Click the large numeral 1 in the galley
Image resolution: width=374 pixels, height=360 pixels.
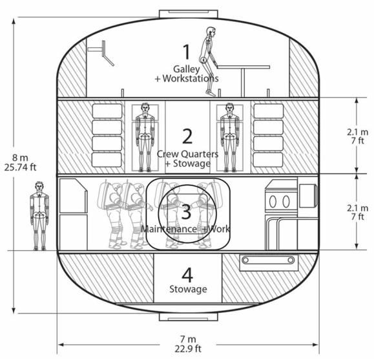186,52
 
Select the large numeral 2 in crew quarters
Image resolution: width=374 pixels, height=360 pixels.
187,136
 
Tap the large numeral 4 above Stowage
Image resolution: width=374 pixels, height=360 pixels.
187,275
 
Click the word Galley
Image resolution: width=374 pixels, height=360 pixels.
187,69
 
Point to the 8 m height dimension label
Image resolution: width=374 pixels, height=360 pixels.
20,158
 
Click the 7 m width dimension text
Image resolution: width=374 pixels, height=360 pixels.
188,339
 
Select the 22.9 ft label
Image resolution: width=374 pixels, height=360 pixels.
188,349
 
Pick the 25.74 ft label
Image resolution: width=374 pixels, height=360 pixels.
20,167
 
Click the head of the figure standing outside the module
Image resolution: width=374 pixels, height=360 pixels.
39,187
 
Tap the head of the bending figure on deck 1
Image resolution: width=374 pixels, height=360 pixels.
211,32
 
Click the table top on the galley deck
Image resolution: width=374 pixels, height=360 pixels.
243,67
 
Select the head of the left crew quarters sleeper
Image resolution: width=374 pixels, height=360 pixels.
145,108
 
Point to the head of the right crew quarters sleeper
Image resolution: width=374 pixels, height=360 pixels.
229,108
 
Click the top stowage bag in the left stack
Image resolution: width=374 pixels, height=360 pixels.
107,111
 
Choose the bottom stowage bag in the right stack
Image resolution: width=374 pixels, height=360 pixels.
268,160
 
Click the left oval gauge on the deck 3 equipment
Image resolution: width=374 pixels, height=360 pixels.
273,202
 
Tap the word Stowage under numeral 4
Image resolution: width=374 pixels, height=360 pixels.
188,290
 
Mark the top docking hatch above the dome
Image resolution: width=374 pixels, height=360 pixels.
189,14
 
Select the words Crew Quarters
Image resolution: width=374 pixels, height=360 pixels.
187,154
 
